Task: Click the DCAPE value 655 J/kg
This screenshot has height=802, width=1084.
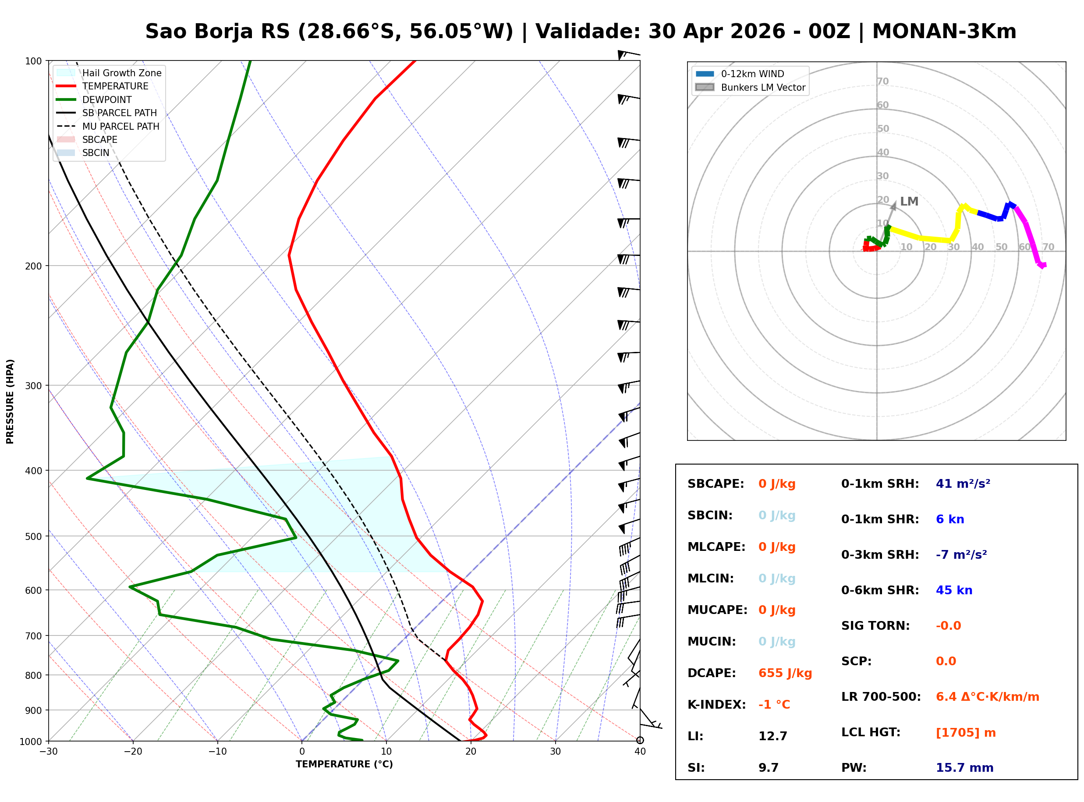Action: click(785, 673)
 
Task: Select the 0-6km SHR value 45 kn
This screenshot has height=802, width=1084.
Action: click(953, 590)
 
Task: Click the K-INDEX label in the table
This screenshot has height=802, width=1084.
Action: click(716, 704)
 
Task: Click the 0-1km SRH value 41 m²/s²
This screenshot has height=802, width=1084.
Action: click(963, 483)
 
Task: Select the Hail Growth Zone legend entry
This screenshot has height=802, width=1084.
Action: click(121, 73)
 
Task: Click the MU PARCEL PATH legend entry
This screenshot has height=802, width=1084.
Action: click(120, 126)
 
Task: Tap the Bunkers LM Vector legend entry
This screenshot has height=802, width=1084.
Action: click(762, 87)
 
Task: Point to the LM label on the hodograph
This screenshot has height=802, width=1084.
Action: click(909, 202)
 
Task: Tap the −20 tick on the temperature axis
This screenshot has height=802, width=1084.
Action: click(132, 752)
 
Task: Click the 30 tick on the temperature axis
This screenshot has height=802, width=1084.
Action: click(555, 752)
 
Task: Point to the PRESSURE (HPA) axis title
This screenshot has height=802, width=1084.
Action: click(10, 401)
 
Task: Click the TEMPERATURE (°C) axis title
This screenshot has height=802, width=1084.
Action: click(344, 764)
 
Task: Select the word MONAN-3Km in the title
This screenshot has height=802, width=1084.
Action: click(944, 32)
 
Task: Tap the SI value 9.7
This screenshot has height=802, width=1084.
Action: click(768, 767)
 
